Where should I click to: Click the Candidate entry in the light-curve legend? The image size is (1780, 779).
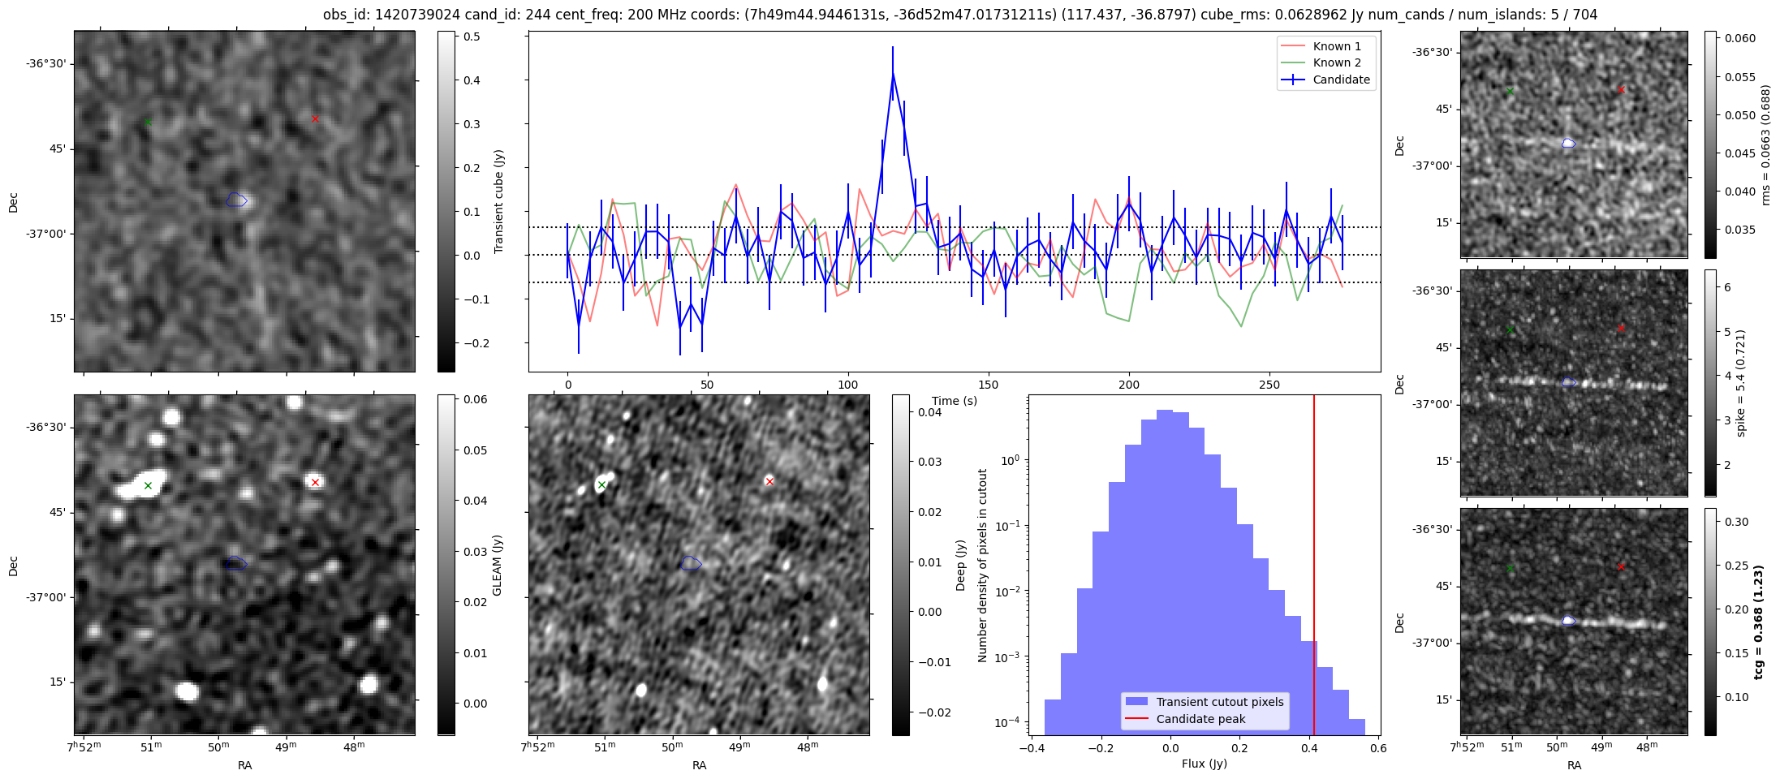(1340, 80)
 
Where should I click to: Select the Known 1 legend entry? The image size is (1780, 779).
(1336, 46)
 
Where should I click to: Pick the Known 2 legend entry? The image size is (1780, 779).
(1336, 62)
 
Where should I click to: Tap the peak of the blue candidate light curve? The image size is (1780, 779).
(892, 73)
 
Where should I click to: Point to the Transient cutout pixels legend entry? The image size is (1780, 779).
(1219, 702)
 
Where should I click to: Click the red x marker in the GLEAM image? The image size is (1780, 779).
(315, 482)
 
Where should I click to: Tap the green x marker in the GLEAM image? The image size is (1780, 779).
(148, 485)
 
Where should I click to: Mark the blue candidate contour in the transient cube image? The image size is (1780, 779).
(236, 200)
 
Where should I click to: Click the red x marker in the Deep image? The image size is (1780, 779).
(769, 481)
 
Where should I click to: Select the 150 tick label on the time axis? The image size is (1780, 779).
(989, 385)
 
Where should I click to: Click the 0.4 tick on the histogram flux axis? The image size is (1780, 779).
(1308, 748)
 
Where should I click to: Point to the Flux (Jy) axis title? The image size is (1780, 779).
(1204, 764)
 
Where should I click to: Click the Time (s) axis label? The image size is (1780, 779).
(954, 401)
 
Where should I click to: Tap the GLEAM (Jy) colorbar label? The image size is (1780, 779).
(497, 565)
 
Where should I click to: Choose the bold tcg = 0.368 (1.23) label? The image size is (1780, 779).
(1758, 622)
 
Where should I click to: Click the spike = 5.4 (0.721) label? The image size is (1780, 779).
(1740, 383)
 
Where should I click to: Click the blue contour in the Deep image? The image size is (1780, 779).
(691, 563)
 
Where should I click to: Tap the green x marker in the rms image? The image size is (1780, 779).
(1510, 91)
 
